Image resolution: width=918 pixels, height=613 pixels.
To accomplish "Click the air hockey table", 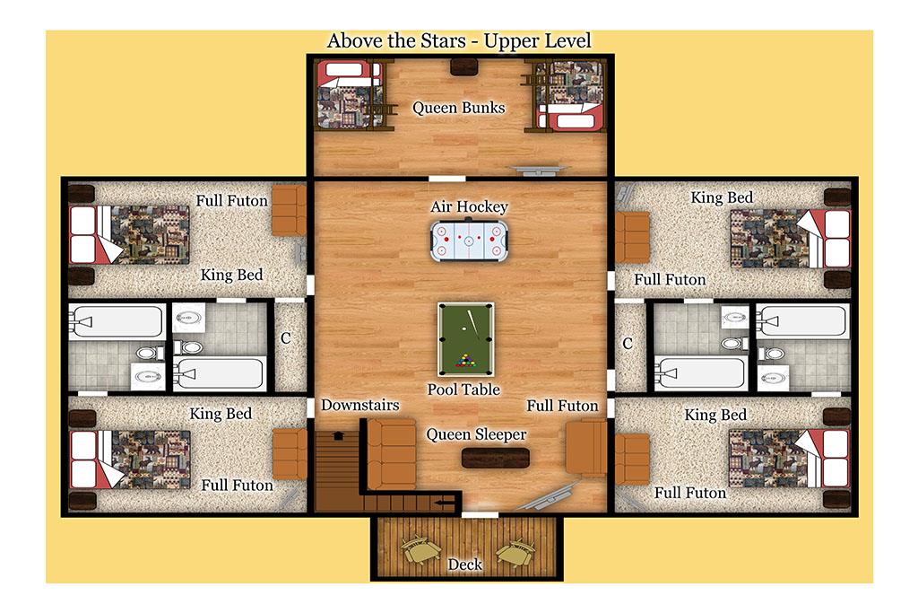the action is click(x=470, y=240).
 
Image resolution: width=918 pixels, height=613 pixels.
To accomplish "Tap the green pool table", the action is click(x=466, y=338).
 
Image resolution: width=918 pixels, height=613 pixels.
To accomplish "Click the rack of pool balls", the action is click(x=466, y=361).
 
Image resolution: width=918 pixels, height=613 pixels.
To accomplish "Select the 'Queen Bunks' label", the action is click(x=458, y=108).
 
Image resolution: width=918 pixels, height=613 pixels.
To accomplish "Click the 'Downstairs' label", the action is click(x=360, y=405).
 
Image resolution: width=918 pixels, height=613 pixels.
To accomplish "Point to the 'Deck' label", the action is click(x=465, y=565).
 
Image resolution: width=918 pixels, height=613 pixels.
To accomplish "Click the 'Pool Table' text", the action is click(x=463, y=390).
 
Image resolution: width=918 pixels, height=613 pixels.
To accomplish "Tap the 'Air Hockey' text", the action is click(x=470, y=206).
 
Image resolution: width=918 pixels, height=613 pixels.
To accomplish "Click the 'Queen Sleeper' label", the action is click(x=476, y=434).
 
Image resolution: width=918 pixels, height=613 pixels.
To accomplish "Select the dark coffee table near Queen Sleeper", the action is click(x=495, y=458).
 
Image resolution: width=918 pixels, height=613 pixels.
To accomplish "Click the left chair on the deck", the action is click(x=420, y=550).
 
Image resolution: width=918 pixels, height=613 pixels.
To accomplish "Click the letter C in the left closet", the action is click(x=286, y=338).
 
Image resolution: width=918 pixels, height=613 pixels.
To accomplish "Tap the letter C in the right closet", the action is click(x=628, y=344).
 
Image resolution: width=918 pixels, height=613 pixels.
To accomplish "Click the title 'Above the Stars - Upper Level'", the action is click(x=459, y=41).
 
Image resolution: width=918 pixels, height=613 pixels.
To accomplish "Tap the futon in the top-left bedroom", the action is click(x=289, y=210).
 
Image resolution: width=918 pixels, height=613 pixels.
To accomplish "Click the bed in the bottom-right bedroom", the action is click(x=789, y=459).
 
